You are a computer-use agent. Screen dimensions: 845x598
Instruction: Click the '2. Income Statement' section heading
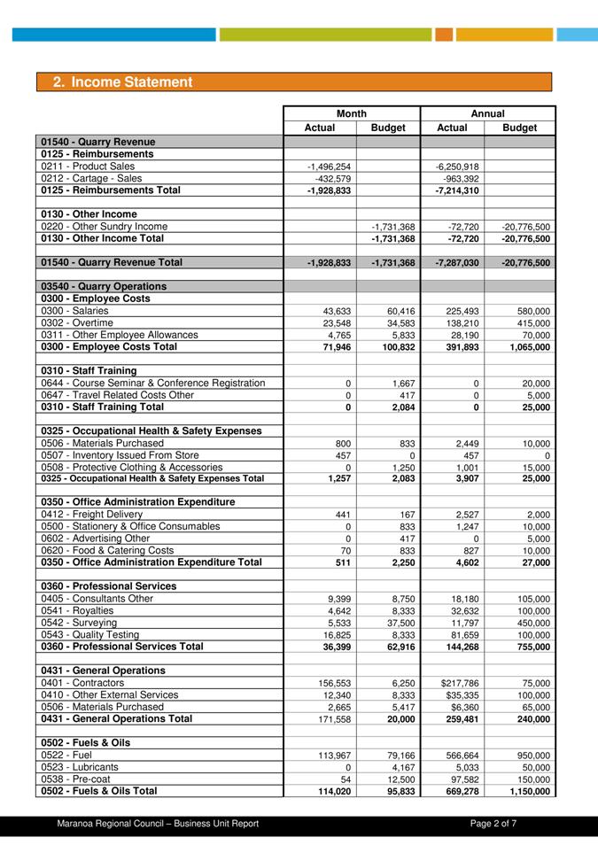[x=122, y=82]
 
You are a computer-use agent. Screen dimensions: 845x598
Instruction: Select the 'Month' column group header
[x=352, y=113]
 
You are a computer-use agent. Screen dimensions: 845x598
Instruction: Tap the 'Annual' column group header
[x=487, y=113]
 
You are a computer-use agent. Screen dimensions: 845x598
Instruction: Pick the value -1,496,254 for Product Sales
[x=329, y=167]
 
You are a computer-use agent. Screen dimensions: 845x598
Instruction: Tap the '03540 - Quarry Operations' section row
[x=104, y=287]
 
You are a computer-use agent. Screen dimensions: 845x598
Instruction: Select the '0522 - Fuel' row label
[x=66, y=755]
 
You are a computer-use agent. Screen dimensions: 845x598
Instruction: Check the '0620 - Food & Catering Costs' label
[x=107, y=550]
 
